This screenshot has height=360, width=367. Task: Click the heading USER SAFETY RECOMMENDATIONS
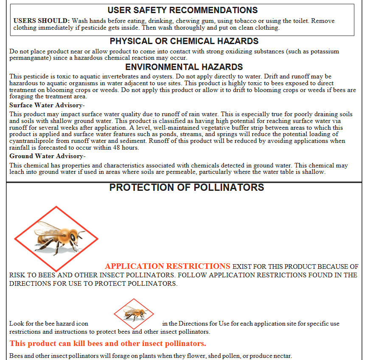click(x=182, y=10)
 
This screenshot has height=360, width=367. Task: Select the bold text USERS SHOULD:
click(x=42, y=21)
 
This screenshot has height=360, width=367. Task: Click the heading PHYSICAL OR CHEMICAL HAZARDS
click(x=184, y=41)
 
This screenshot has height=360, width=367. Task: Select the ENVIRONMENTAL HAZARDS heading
click(x=184, y=67)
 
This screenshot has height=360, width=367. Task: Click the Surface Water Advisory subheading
click(x=47, y=105)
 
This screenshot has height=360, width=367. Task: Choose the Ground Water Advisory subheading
click(x=47, y=156)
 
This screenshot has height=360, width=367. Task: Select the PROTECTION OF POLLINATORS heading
click(x=187, y=187)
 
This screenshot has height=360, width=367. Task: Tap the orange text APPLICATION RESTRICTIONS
click(x=168, y=266)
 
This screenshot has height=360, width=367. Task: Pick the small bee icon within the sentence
click(x=134, y=314)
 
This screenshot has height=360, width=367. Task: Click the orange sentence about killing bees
click(x=108, y=343)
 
